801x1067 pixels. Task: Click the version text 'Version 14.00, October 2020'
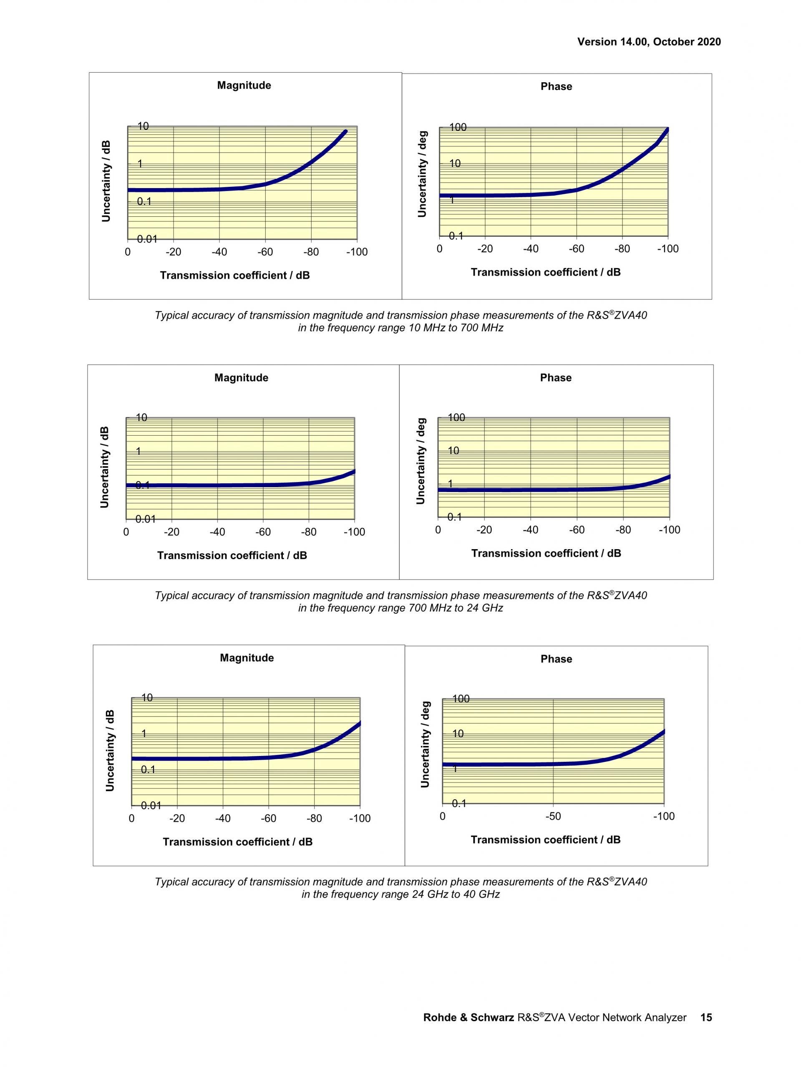[649, 42]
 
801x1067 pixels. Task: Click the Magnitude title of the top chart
[244, 85]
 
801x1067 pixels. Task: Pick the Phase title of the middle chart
[555, 378]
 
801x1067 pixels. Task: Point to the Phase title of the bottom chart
[556, 659]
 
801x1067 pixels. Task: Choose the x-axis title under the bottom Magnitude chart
[237, 842]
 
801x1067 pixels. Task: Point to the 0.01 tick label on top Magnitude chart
[147, 239]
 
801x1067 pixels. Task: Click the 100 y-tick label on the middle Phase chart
[456, 418]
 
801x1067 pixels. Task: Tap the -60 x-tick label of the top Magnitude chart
[265, 252]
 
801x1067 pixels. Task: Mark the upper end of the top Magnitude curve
[345, 131]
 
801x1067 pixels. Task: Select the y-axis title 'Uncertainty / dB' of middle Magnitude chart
[105, 467]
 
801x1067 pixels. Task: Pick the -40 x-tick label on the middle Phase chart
[530, 530]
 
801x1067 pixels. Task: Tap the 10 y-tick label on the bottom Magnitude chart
[147, 698]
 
